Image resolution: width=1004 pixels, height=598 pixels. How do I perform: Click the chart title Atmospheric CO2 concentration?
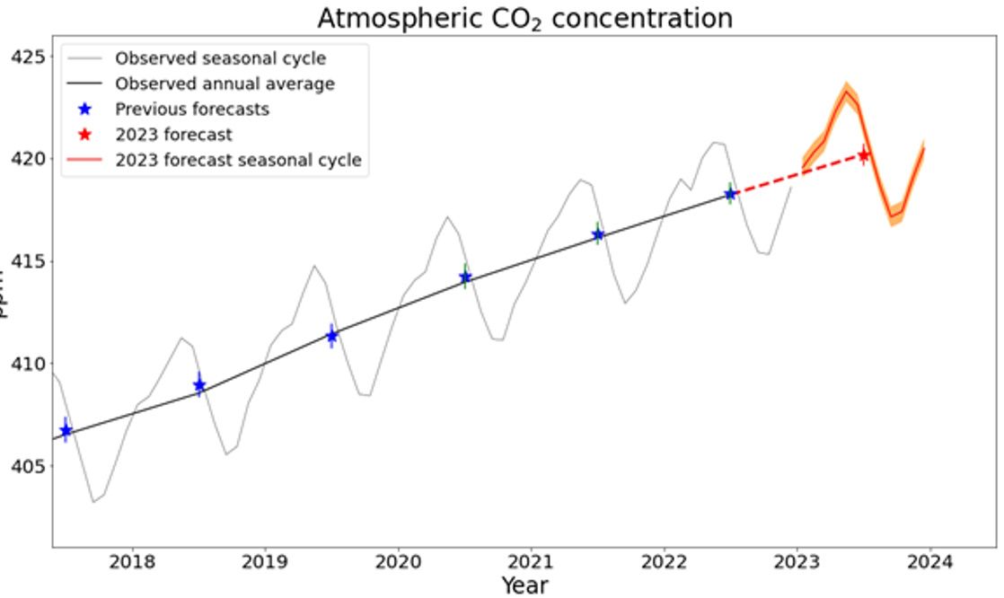pyautogui.click(x=524, y=18)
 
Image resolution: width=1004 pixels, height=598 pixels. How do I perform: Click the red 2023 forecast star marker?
pyautogui.click(x=863, y=155)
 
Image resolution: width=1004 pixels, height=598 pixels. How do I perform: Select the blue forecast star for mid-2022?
pyautogui.click(x=730, y=193)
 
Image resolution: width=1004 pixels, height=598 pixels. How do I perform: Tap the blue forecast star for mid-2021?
pyautogui.click(x=598, y=234)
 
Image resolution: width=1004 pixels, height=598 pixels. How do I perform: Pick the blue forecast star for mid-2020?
pyautogui.click(x=465, y=277)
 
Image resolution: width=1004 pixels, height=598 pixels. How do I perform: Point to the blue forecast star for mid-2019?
pyautogui.click(x=332, y=336)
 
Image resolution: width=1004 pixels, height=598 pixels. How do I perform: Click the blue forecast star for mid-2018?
pyautogui.click(x=199, y=385)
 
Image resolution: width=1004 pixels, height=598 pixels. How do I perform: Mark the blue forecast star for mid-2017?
pyautogui.click(x=66, y=430)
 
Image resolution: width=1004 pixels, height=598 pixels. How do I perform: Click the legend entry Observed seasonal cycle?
pyautogui.click(x=220, y=59)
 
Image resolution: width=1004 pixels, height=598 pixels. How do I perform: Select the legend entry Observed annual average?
pyautogui.click(x=225, y=84)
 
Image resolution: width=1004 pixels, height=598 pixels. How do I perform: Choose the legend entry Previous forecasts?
pyautogui.click(x=191, y=110)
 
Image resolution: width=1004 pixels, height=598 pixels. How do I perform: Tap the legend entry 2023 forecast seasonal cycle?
pyautogui.click(x=238, y=161)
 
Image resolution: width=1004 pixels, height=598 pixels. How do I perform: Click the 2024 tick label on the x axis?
pyautogui.click(x=929, y=563)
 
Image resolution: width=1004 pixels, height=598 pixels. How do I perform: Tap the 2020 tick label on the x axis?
pyautogui.click(x=397, y=563)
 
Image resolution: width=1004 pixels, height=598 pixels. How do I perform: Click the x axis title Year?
pyautogui.click(x=524, y=585)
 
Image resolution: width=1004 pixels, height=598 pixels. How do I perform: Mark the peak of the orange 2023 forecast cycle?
pyautogui.click(x=846, y=91)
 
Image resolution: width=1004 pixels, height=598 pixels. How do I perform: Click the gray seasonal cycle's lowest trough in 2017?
pyautogui.click(x=93, y=501)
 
